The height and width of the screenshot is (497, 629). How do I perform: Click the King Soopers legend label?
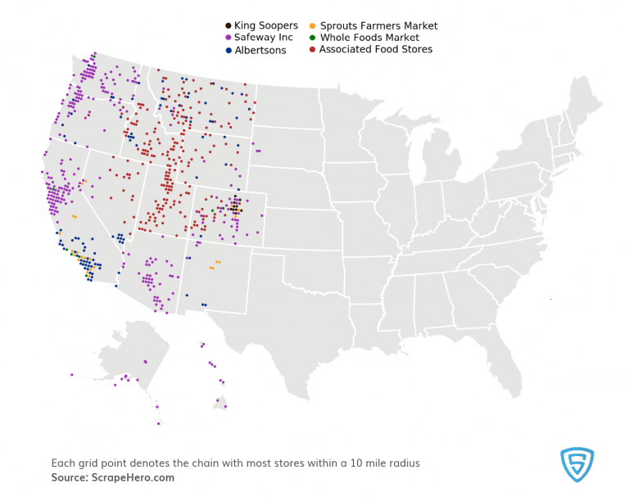click(x=266, y=26)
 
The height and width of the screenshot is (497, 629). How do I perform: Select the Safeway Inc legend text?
click(x=265, y=38)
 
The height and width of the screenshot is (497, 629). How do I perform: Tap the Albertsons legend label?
click(x=260, y=50)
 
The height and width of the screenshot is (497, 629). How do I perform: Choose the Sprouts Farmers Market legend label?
click(x=378, y=26)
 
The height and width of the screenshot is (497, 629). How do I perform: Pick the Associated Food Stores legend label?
click(x=376, y=50)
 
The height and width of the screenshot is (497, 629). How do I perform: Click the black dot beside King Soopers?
click(x=229, y=26)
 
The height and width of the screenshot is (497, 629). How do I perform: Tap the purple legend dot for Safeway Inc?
click(x=229, y=38)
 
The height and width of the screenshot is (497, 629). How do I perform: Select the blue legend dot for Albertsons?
click(x=229, y=50)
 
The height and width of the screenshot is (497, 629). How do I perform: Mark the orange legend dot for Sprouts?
click(x=314, y=26)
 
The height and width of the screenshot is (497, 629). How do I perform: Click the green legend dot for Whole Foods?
click(x=314, y=38)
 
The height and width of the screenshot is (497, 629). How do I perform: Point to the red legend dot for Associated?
click(x=314, y=50)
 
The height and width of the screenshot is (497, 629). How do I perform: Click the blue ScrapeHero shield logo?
click(x=577, y=464)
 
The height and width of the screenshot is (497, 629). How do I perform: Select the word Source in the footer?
click(x=69, y=477)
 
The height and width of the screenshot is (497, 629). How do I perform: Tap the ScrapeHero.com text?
click(x=134, y=477)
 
